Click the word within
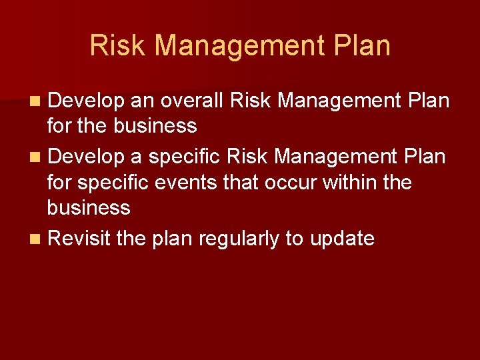[349, 182]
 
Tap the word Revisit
[79, 239]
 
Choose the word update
[341, 239]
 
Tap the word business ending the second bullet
[89, 208]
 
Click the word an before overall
[142, 101]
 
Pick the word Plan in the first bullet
[427, 101]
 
